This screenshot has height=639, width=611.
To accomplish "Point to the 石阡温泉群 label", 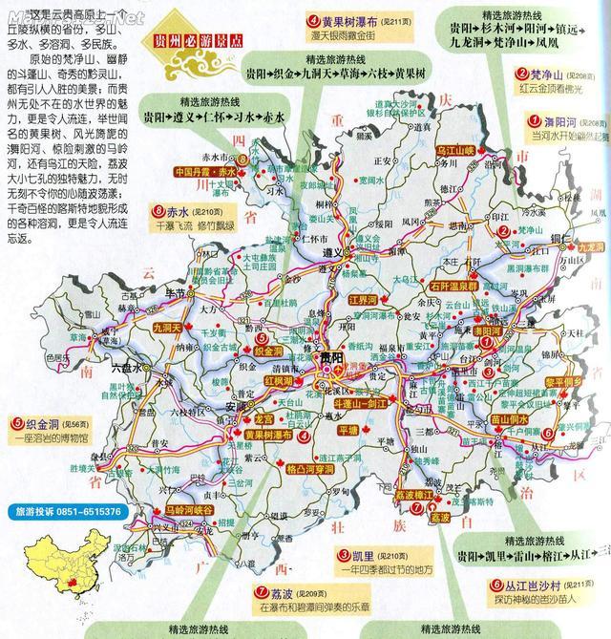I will click(453, 284).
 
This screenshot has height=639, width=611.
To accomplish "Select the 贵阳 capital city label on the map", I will click(331, 357).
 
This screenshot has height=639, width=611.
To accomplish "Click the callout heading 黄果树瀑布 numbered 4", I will click(348, 20).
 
